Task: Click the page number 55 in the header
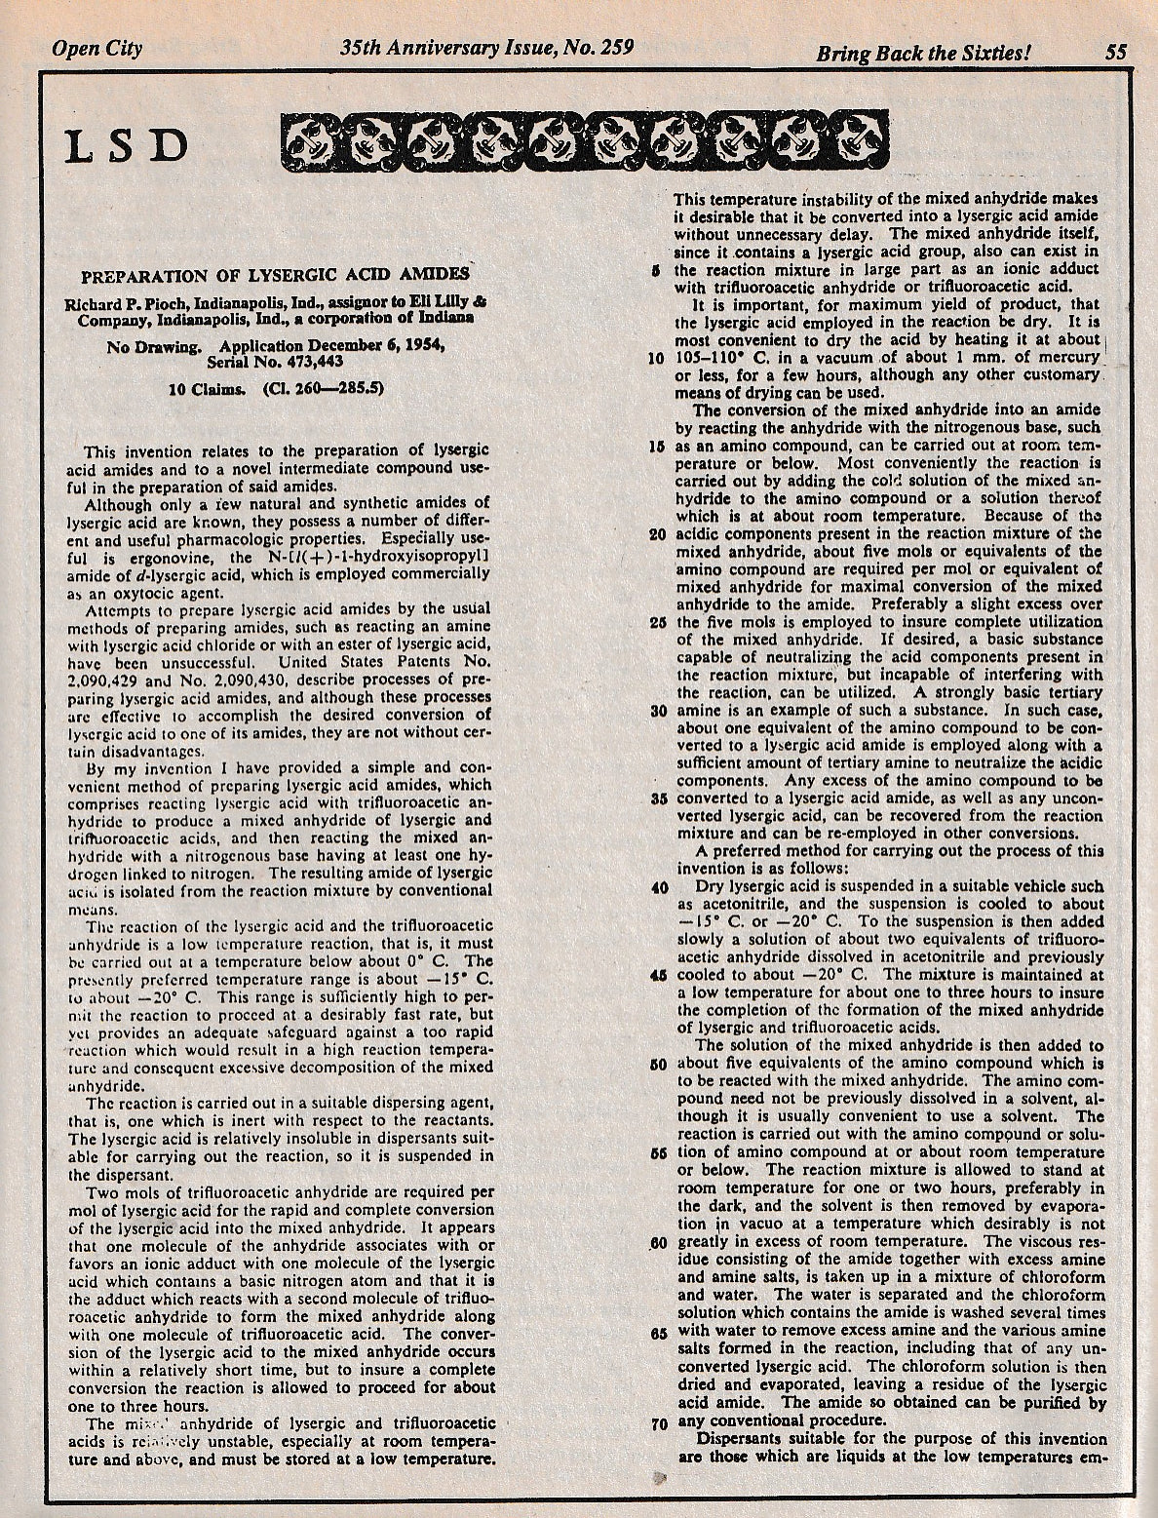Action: tap(1115, 52)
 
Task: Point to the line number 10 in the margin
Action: tap(657, 359)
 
